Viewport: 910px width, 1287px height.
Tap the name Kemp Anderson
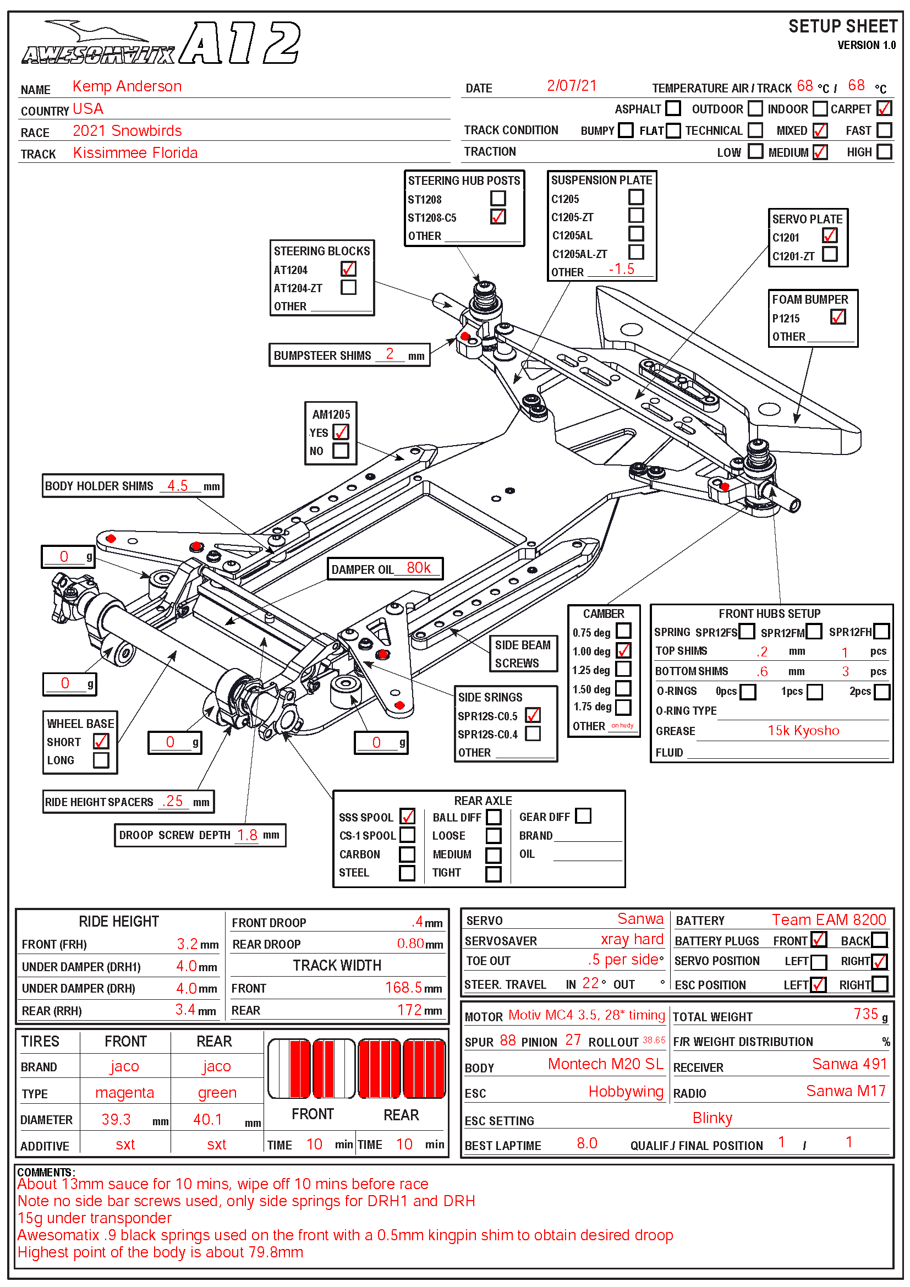pyautogui.click(x=127, y=86)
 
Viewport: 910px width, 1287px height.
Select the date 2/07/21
pyautogui.click(x=572, y=86)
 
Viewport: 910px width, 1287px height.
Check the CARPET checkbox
pyautogui.click(x=884, y=108)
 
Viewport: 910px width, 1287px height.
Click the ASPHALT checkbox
pyautogui.click(x=673, y=108)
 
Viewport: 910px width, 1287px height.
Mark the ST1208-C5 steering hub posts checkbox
pyautogui.click(x=497, y=217)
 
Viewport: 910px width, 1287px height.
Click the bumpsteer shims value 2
pyautogui.click(x=390, y=354)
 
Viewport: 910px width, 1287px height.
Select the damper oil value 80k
pyautogui.click(x=419, y=568)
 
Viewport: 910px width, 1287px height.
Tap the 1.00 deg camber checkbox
pyautogui.click(x=623, y=650)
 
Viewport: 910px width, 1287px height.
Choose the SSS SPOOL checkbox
pyautogui.click(x=407, y=816)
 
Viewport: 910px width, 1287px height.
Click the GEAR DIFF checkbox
pyautogui.click(x=583, y=815)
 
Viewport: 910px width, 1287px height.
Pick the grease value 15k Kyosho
pyautogui.click(x=803, y=730)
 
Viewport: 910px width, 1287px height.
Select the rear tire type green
pyautogui.click(x=217, y=1093)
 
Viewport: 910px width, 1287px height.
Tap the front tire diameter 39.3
pyautogui.click(x=116, y=1119)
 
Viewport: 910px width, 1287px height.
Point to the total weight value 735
pyautogui.click(x=866, y=1014)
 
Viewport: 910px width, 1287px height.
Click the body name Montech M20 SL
pyautogui.click(x=605, y=1064)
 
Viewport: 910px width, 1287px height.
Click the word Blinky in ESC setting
pyautogui.click(x=712, y=1118)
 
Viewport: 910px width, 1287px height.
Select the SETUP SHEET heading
pyautogui.click(x=842, y=26)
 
